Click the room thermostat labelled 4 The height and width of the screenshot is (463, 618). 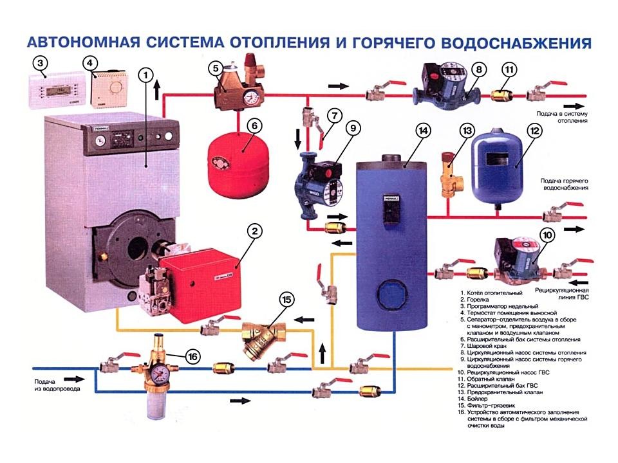[x=109, y=89]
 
